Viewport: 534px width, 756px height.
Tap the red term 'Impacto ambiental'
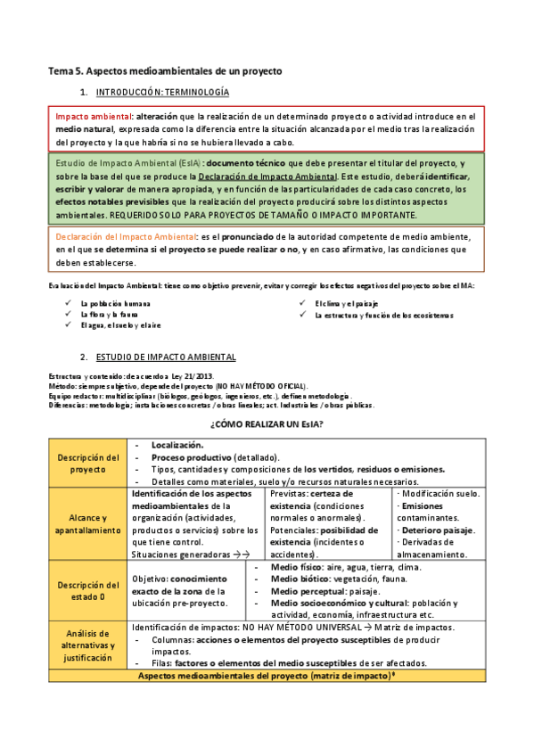coord(93,117)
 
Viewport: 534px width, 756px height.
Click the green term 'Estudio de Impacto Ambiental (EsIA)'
coord(127,164)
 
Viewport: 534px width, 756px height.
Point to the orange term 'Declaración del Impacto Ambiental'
coord(126,236)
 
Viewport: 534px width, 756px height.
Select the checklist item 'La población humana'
coord(115,304)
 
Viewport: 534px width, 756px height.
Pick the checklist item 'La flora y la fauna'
coord(111,315)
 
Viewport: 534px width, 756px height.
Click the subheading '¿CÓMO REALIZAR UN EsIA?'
coord(267,423)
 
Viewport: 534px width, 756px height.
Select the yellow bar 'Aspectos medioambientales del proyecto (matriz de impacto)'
coord(267,677)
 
